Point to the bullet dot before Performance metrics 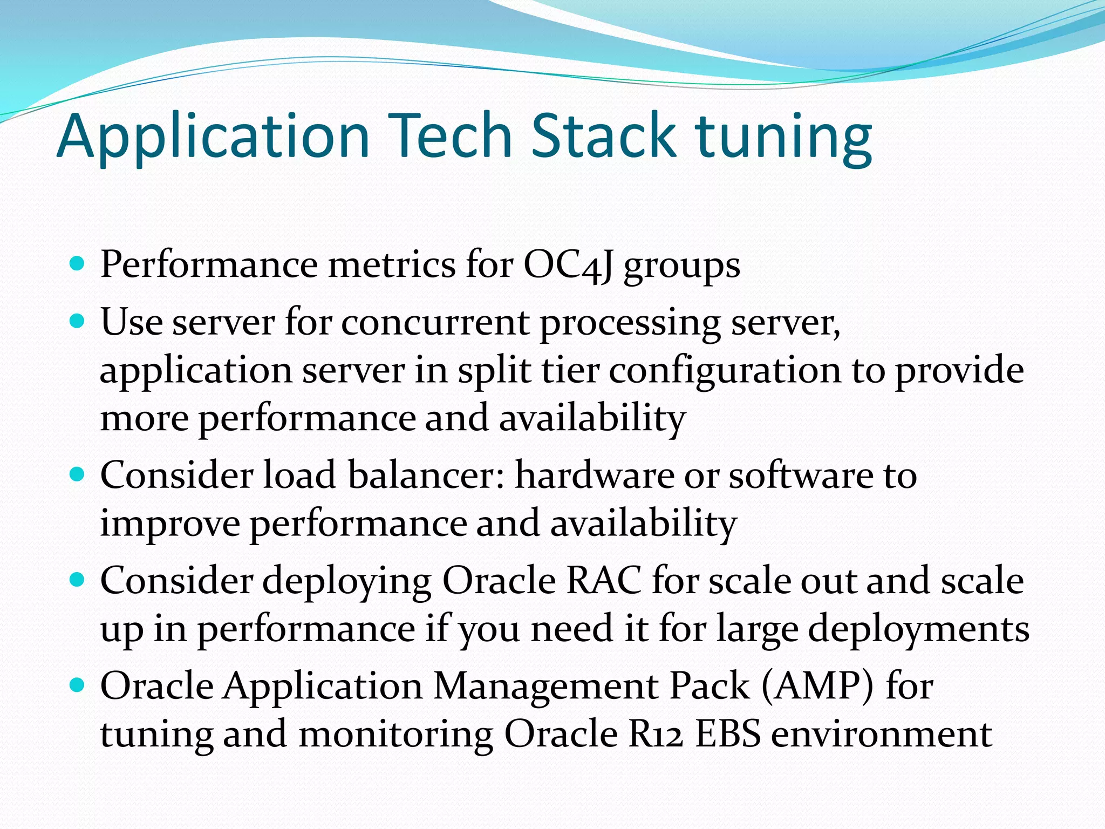pos(78,264)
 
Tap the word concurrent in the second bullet pos(435,322)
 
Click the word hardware pos(594,475)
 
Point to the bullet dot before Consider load pos(78,474)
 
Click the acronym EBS pos(728,735)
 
